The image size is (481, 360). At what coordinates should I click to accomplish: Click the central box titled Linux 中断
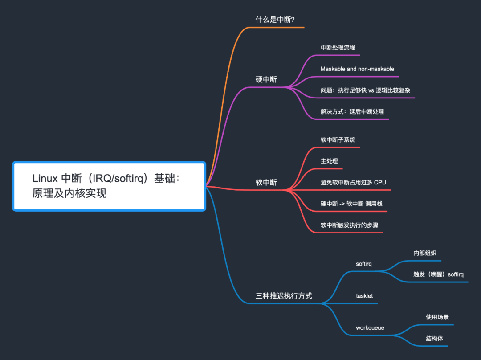[x=109, y=186]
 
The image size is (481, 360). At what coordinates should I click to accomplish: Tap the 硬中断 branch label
[x=266, y=79]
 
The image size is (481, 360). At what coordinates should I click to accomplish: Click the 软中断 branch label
[x=266, y=182]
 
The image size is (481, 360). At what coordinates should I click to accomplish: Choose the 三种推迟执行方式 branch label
[x=284, y=295]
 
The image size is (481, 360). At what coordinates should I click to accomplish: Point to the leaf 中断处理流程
[x=338, y=47]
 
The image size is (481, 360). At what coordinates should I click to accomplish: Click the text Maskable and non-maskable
[x=357, y=69]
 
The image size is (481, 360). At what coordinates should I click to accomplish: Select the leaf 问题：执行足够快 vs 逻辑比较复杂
[x=365, y=90]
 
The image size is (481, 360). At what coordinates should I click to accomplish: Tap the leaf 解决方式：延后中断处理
[x=352, y=111]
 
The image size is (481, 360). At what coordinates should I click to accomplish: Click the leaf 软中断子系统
[x=338, y=139]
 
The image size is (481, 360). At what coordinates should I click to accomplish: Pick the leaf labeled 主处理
[x=329, y=161]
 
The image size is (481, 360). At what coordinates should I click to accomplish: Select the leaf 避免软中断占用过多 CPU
[x=353, y=182]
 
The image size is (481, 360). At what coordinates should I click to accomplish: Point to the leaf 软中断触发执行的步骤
[x=349, y=225]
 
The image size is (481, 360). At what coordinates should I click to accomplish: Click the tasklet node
[x=364, y=296]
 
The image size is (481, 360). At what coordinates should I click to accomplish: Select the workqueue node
[x=370, y=328]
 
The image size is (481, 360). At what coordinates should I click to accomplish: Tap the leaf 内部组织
[x=424, y=253]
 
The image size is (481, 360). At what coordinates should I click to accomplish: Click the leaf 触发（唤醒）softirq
[x=438, y=274]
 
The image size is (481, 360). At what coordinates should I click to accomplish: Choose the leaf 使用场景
[x=437, y=317]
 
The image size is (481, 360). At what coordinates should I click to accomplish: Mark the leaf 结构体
[x=434, y=339]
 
